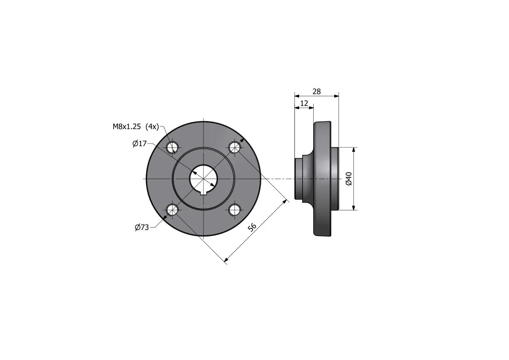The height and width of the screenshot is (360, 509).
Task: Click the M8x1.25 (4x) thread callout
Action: coord(135,127)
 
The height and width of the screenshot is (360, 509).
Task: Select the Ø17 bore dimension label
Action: coord(140,144)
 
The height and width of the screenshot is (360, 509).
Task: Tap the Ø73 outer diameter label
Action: coord(141,227)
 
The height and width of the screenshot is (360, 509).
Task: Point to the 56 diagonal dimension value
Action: coord(252,227)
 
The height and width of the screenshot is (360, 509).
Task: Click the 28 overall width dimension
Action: coord(317,91)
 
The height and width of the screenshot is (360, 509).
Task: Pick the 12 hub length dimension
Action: coord(304,103)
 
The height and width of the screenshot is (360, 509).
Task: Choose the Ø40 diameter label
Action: coord(349,179)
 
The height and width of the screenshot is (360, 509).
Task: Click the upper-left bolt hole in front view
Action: coord(172,148)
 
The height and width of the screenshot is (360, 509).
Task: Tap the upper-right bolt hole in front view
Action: coord(234,148)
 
